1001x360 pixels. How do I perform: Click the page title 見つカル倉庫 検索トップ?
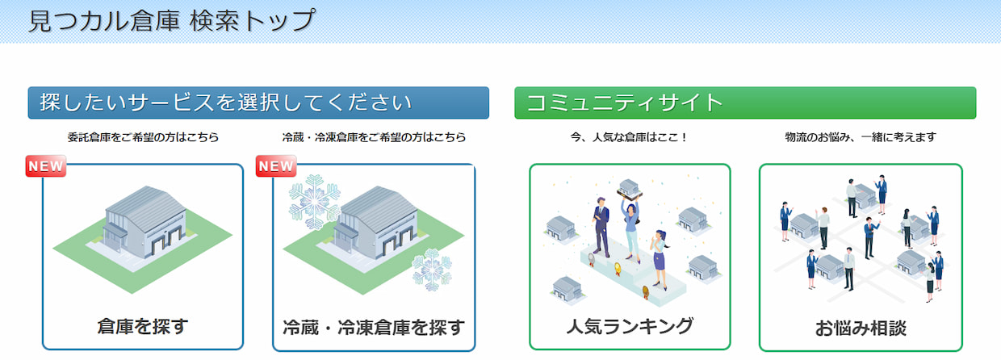[172, 21]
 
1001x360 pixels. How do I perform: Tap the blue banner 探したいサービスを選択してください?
[258, 103]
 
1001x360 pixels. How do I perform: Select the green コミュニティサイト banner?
[745, 103]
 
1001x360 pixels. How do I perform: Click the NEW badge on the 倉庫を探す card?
[46, 166]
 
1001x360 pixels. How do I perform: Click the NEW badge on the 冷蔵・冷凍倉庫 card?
[276, 166]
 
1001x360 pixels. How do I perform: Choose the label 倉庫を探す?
[143, 326]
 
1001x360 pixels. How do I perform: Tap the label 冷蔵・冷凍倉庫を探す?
[374, 328]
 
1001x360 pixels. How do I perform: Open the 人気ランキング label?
[630, 326]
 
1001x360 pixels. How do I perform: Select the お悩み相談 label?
[861, 329]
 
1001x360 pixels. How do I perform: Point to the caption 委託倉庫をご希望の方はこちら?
[143, 137]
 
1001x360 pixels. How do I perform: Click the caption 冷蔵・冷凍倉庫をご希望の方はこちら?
[374, 137]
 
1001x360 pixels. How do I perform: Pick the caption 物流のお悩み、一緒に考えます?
[861, 137]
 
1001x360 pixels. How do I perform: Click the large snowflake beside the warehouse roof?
[315, 202]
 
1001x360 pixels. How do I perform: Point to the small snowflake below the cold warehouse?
[432, 270]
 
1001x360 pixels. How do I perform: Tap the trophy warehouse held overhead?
[630, 190]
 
